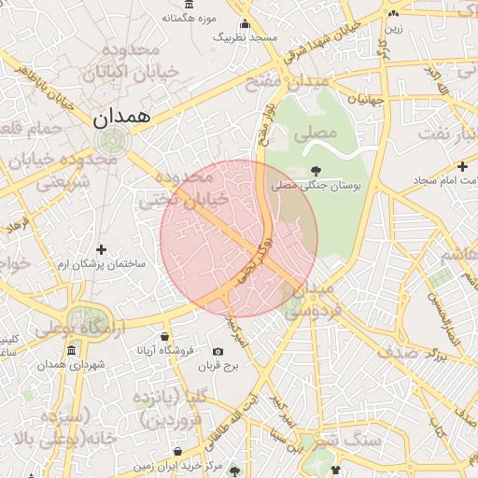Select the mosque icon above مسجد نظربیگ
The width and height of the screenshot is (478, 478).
click(x=245, y=24)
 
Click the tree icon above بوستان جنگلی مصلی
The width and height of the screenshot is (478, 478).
click(x=316, y=171)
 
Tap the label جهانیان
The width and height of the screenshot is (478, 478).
click(x=365, y=98)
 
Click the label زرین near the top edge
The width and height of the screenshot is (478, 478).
click(x=393, y=28)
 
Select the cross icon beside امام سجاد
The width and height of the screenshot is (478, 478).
click(x=462, y=165)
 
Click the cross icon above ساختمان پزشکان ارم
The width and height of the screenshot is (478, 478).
click(x=102, y=249)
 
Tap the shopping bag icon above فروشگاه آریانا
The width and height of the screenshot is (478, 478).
click(x=165, y=336)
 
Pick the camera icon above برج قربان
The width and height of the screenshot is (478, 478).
click(x=218, y=352)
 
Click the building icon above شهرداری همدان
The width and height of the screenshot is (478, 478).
click(x=72, y=350)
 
